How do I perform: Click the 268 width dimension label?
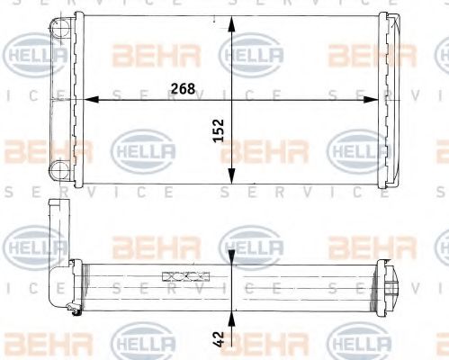[182, 88]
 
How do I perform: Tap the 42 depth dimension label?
[219, 338]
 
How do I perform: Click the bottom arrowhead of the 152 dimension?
[232, 181]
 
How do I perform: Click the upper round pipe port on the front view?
[59, 29]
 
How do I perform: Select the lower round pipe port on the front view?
[59, 168]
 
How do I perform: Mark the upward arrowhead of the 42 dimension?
[232, 318]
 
